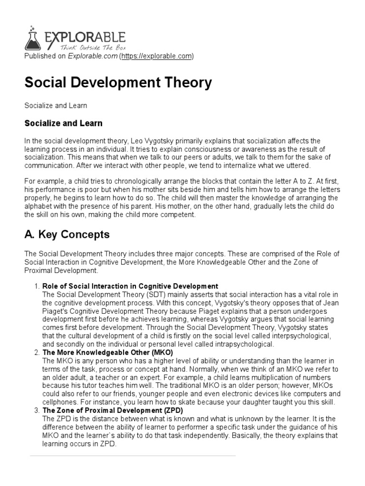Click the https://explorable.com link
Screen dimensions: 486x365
click(x=157, y=56)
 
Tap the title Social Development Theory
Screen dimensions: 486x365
click(x=118, y=83)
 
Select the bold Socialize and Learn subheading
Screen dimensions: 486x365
click(x=63, y=123)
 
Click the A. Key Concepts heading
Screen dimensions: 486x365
click(x=67, y=234)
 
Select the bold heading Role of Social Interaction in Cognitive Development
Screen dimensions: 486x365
click(x=130, y=286)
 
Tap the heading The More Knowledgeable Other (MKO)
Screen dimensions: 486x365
click(x=108, y=353)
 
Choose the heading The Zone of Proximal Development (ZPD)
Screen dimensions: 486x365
click(x=113, y=410)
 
